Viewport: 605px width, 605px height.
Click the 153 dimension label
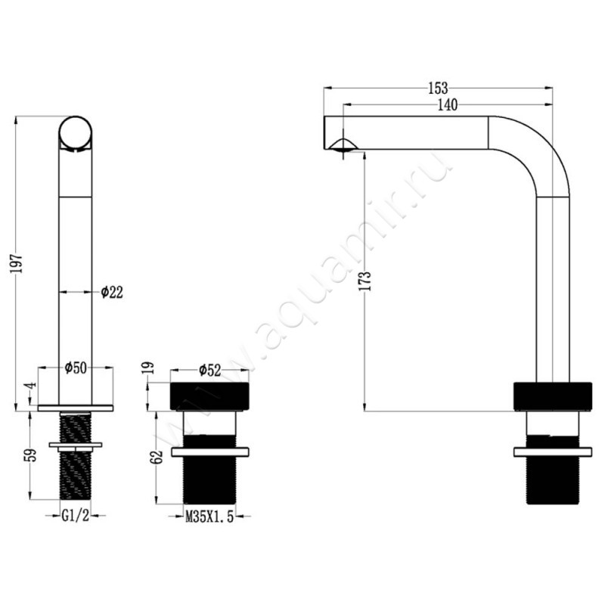[x=438, y=88]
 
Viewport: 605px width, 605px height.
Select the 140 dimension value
[x=447, y=104]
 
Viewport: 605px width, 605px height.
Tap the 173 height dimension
[x=366, y=281]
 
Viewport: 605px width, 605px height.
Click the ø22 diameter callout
[x=112, y=293]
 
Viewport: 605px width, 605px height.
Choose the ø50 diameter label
[x=76, y=368]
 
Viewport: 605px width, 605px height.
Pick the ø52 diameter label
[x=210, y=371]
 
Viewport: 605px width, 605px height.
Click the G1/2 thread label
[x=75, y=516]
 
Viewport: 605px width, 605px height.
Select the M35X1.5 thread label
[x=209, y=517]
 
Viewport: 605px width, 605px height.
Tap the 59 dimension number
[x=32, y=455]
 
